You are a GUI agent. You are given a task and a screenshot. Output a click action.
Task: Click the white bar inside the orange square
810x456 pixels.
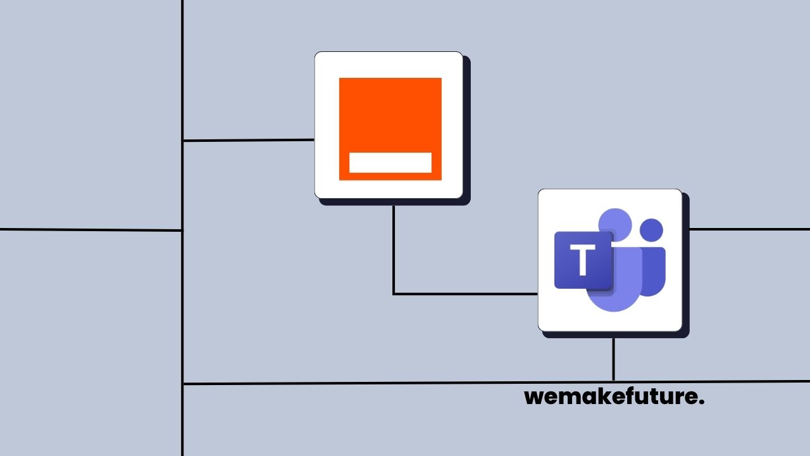(x=390, y=162)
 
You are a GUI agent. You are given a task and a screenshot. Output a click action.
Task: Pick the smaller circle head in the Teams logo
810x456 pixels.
(x=651, y=229)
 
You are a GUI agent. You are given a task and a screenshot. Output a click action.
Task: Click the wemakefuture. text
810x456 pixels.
(x=614, y=397)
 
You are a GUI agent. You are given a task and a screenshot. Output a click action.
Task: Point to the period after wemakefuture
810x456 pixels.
(x=702, y=403)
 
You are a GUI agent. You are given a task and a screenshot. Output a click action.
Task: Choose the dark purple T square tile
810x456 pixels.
(x=583, y=260)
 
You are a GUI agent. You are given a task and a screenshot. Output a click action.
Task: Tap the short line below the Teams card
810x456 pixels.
(x=613, y=359)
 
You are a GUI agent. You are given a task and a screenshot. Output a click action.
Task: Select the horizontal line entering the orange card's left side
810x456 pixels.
(x=248, y=140)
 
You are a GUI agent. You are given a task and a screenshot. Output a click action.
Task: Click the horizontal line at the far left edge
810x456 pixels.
(x=89, y=230)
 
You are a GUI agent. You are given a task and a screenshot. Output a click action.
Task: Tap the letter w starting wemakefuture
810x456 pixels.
(x=534, y=398)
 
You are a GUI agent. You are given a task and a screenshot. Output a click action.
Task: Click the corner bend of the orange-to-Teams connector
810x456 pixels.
(x=394, y=294)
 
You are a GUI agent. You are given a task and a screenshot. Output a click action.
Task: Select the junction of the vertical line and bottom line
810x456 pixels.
(x=183, y=383)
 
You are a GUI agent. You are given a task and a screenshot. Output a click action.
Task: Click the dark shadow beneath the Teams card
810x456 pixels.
(x=614, y=334)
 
